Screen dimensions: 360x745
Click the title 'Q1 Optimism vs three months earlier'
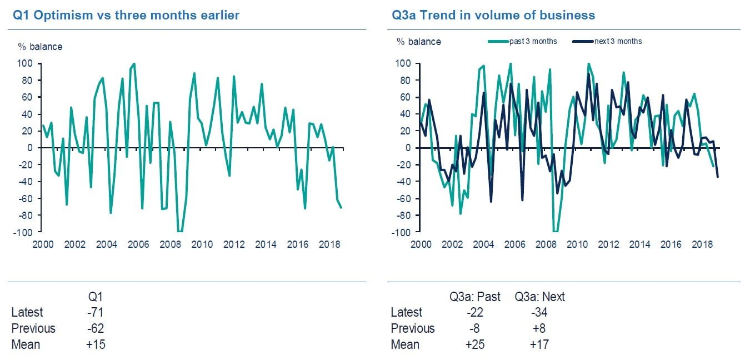pos(126,15)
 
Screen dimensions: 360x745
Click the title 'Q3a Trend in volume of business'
pos(493,15)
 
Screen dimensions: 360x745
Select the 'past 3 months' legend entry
pos(533,41)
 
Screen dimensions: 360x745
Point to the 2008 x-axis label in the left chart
pos(170,244)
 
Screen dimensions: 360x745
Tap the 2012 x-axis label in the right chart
pos(609,244)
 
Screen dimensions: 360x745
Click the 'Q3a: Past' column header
pos(475,297)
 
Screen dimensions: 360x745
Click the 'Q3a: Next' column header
pos(539,297)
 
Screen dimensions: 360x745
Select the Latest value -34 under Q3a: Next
pos(538,312)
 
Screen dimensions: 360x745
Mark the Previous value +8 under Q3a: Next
pos(538,328)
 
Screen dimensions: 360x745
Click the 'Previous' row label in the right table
pos(413,328)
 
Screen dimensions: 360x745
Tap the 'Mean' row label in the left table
pos(26,344)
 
